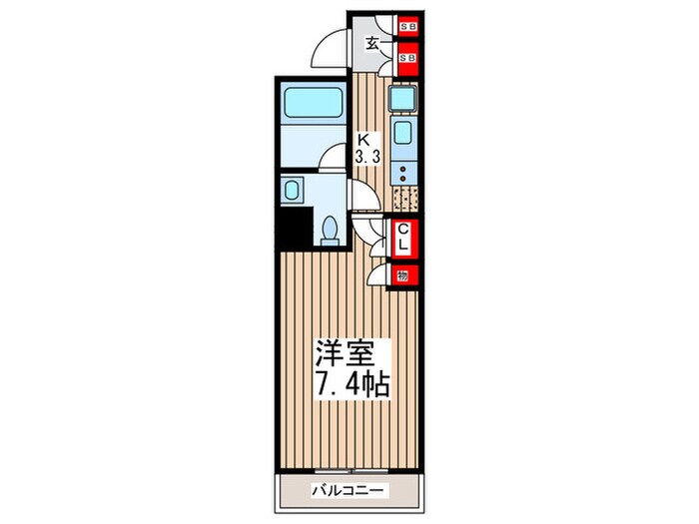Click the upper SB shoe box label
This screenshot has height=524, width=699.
(408, 28)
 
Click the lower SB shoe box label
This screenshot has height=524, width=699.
(408, 59)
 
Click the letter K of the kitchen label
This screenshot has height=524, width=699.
(365, 141)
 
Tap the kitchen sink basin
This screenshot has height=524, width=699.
(404, 135)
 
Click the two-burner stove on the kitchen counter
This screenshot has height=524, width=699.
(404, 176)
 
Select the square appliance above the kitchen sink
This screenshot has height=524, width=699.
(403, 99)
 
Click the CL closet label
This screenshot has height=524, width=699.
(404, 239)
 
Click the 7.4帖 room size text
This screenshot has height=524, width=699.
(352, 385)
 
